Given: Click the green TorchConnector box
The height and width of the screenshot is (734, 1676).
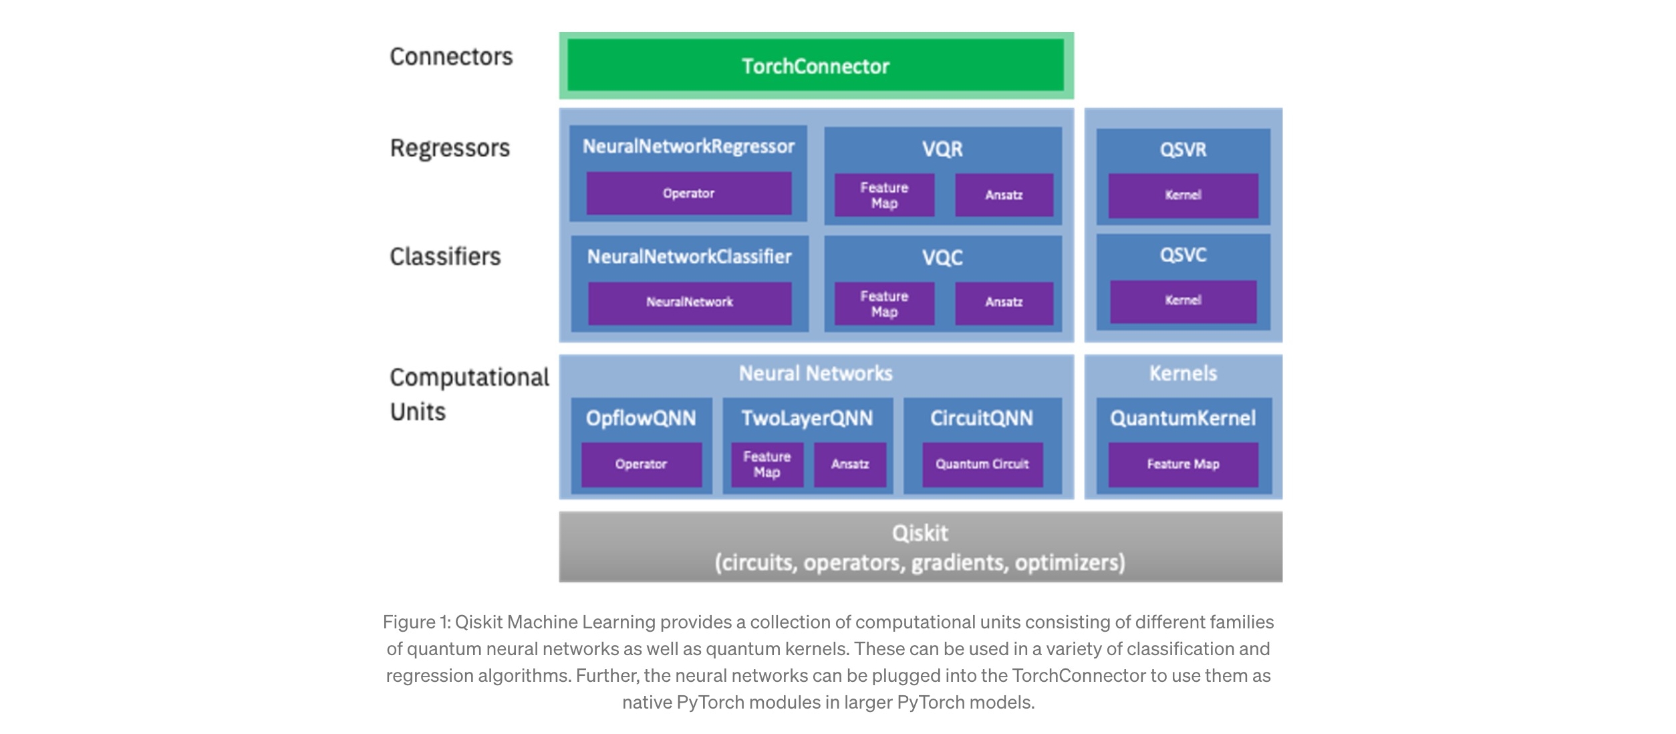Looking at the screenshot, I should [x=815, y=66].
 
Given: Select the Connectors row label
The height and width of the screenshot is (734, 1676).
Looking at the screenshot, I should [x=451, y=57].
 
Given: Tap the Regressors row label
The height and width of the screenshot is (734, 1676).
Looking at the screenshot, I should [x=450, y=148].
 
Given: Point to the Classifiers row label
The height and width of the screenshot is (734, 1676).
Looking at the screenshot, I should [x=445, y=257].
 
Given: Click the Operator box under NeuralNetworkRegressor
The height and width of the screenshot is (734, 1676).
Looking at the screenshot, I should [x=688, y=193].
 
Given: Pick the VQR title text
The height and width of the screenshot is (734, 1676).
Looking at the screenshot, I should [x=942, y=149].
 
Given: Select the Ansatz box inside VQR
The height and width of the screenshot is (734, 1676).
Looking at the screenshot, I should [x=1004, y=195].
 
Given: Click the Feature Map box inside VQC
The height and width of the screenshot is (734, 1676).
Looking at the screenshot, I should [x=884, y=303].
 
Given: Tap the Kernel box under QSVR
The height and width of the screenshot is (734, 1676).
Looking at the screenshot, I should [x=1183, y=195].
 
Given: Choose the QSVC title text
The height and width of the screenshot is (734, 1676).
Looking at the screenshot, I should [x=1183, y=255].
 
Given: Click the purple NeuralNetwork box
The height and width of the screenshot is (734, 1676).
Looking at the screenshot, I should [x=689, y=302].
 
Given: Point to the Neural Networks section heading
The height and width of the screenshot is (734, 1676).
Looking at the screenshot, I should [x=815, y=373].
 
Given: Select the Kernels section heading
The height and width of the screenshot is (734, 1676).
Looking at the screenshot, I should [x=1183, y=373].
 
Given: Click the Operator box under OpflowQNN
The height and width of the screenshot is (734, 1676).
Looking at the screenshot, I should [x=641, y=464].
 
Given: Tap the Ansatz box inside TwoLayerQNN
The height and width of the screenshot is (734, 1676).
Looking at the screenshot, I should [x=850, y=464].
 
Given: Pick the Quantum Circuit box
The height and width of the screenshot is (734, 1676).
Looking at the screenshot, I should [x=982, y=464].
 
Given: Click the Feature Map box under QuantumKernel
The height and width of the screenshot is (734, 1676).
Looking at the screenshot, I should [x=1183, y=464].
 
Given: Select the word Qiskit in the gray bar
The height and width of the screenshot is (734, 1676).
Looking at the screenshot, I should [x=920, y=533].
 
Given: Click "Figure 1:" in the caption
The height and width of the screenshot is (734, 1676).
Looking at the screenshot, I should [x=416, y=622].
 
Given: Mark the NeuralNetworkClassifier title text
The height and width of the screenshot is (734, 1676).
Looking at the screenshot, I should [x=689, y=257].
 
